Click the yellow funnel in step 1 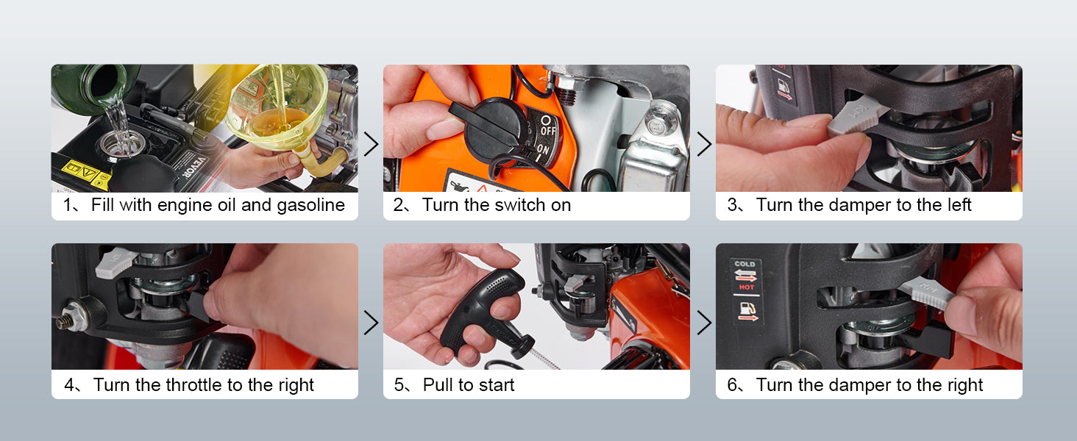pos(276,110)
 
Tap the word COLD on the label pos(744,264)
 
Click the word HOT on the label pos(745,287)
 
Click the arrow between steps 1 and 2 pos(371,144)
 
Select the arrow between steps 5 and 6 pos(703,323)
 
